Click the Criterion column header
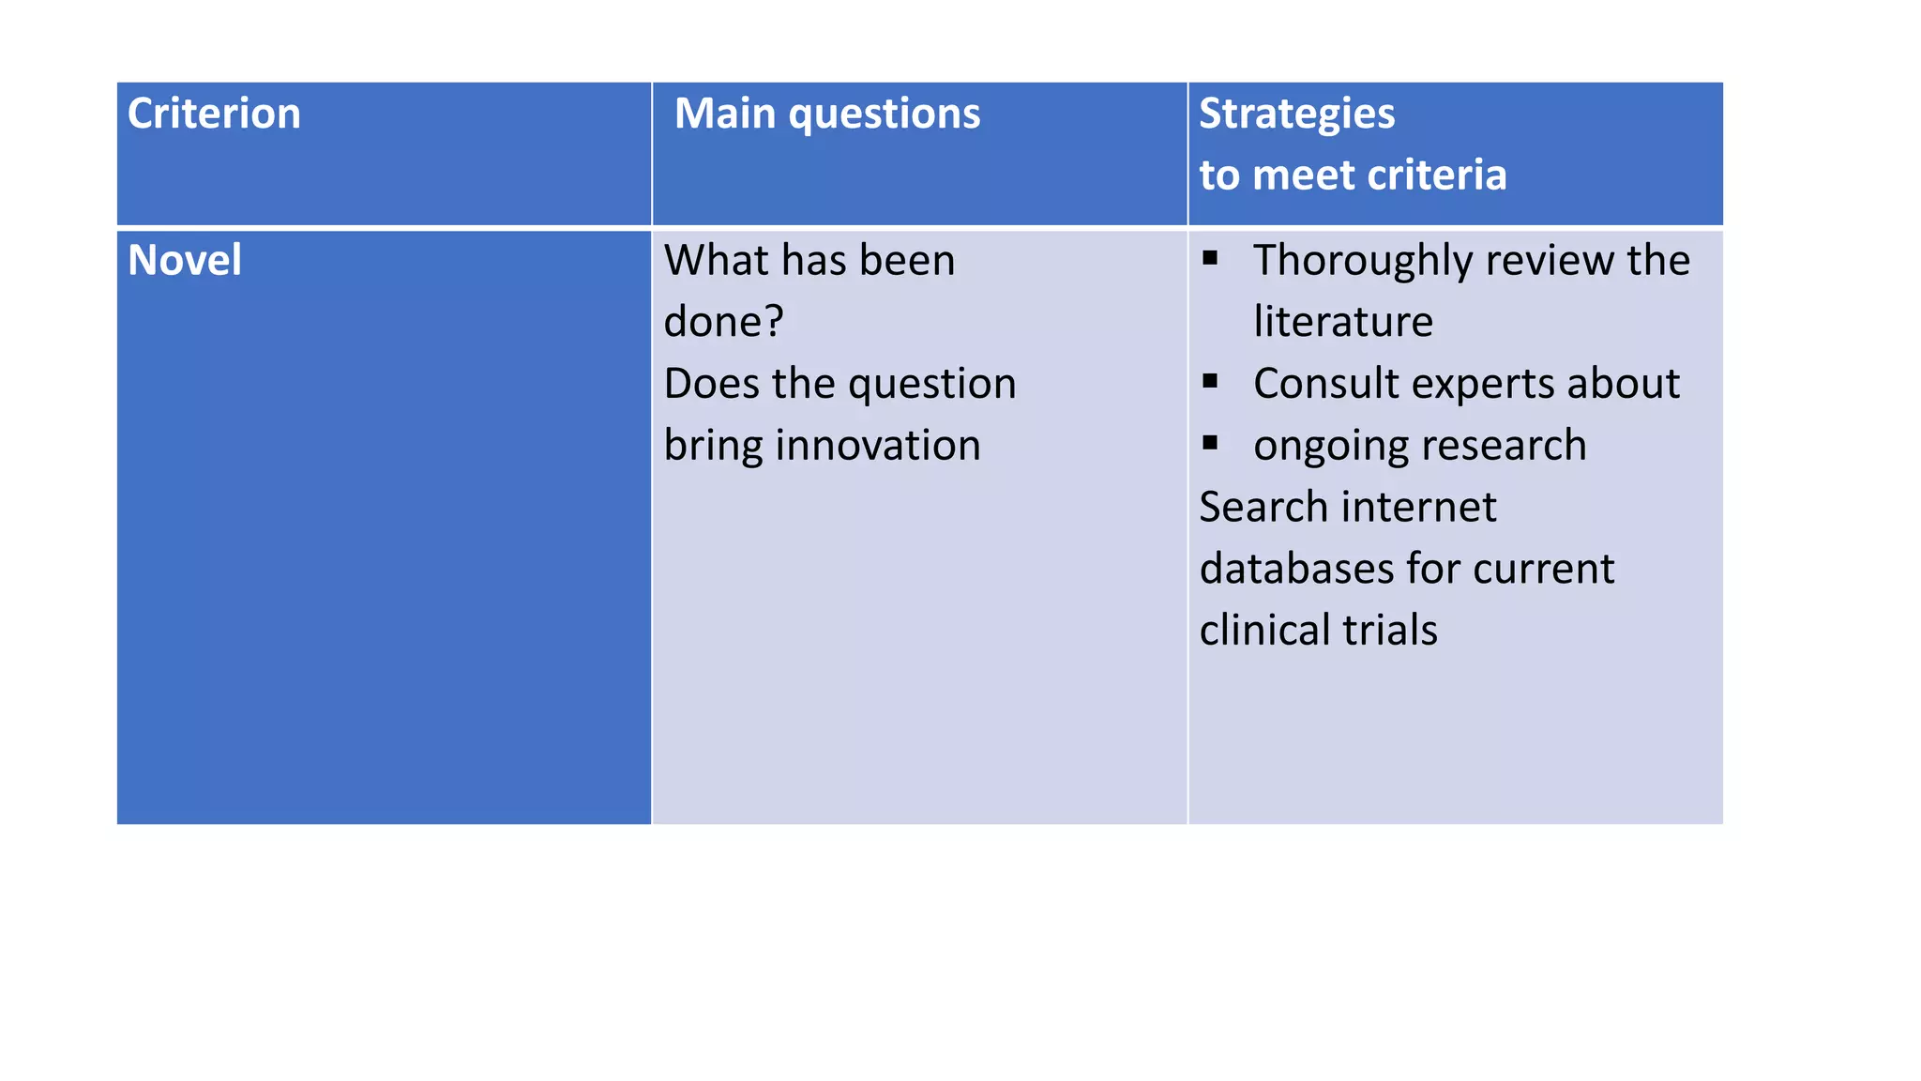click(x=214, y=114)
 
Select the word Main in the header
click(x=725, y=114)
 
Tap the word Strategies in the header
click(x=1296, y=114)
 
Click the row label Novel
click(x=185, y=260)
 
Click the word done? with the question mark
click(x=723, y=322)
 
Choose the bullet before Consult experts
click(x=1210, y=381)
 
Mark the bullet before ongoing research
click(x=1210, y=443)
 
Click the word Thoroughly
click(x=1364, y=261)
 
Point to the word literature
click(x=1343, y=322)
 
